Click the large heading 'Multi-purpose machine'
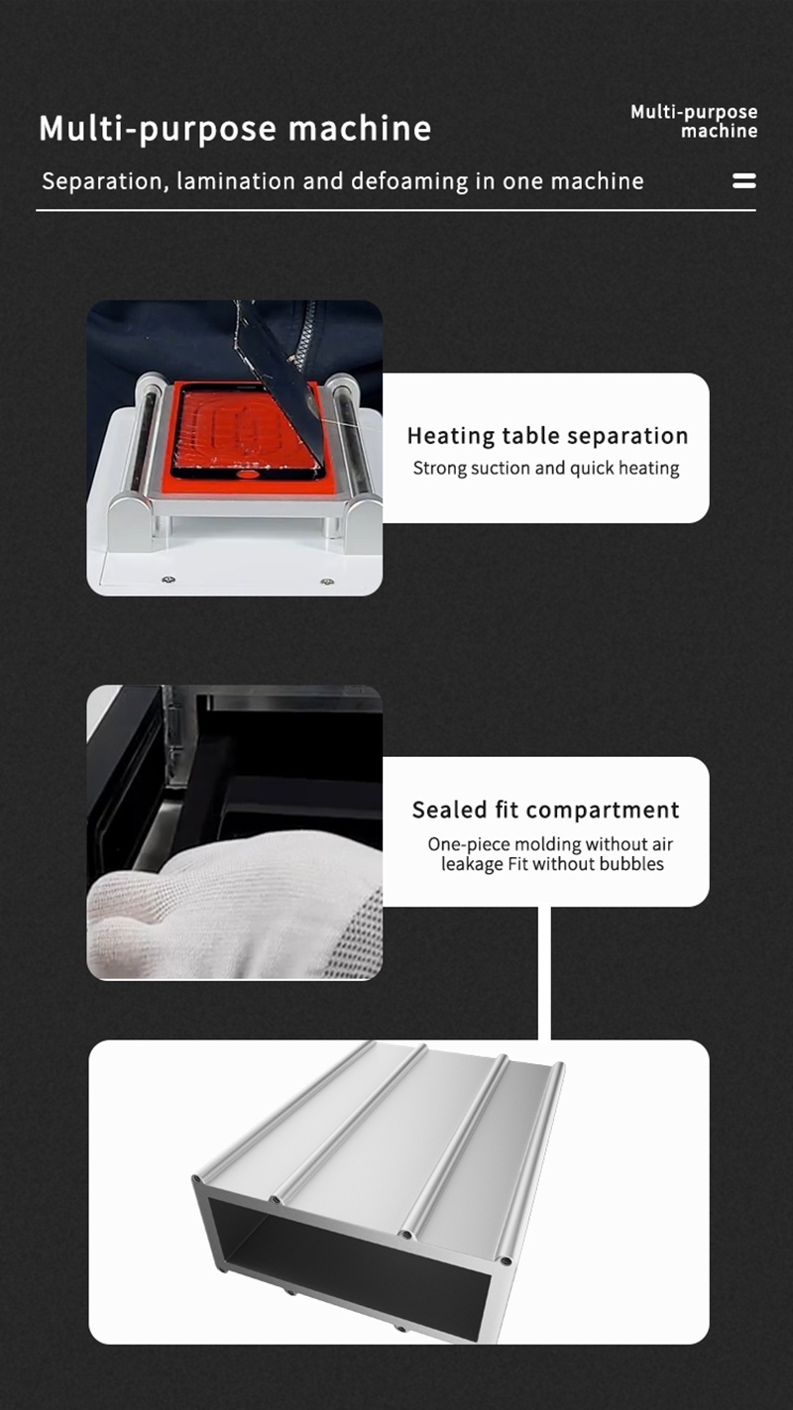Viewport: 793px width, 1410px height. [x=235, y=129]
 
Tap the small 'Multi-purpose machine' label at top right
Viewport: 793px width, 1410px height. [x=694, y=121]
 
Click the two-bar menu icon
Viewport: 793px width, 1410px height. [x=743, y=180]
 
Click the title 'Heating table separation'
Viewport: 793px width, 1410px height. [x=547, y=436]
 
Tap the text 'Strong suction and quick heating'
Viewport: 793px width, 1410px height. [x=546, y=469]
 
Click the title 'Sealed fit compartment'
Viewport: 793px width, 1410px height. [x=545, y=810]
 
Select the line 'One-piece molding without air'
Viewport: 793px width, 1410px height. [x=550, y=843]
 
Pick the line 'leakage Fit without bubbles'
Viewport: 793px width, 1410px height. [x=552, y=864]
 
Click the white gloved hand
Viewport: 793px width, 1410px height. [x=233, y=907]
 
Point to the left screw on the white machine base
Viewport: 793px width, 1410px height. [x=169, y=579]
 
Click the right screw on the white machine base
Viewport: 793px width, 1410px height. [x=327, y=581]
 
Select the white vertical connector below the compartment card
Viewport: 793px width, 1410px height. [x=544, y=973]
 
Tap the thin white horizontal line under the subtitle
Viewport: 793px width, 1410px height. [x=396, y=210]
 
